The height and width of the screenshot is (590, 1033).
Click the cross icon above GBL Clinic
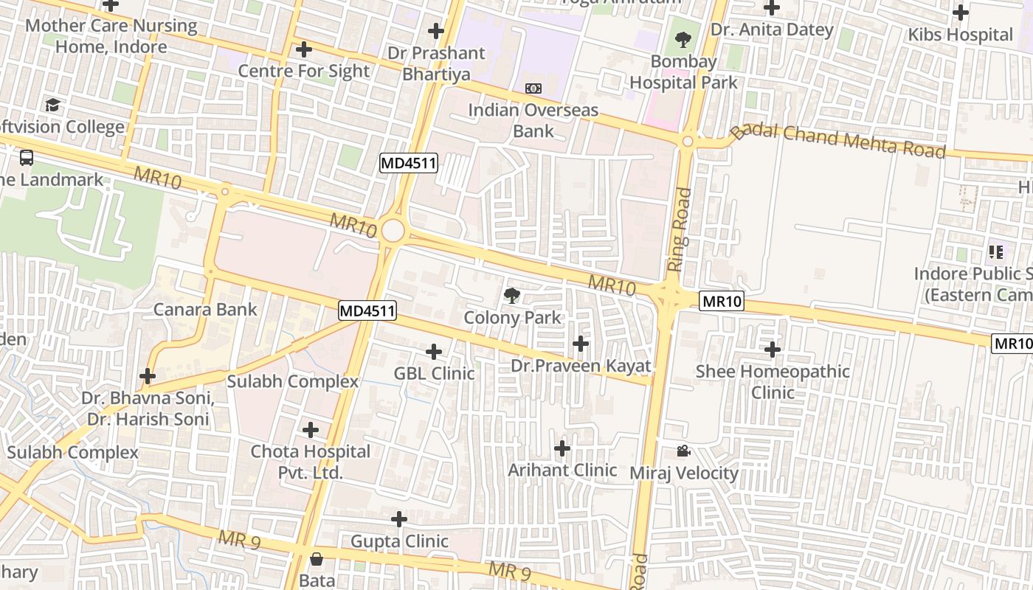[x=434, y=351]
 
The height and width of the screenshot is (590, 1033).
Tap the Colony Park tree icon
[x=511, y=296]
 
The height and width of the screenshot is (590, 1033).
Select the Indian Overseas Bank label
[x=533, y=121]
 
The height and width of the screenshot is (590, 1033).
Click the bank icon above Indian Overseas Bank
[x=533, y=88]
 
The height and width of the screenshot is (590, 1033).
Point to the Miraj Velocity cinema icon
[x=683, y=451]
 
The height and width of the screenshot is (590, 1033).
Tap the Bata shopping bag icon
[x=317, y=559]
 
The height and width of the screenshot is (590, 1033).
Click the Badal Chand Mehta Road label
[x=838, y=142]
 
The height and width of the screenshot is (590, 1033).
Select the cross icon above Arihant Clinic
[x=562, y=448]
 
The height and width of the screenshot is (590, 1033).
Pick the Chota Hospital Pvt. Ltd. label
[x=310, y=462]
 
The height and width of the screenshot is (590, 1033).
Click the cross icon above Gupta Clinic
[x=399, y=519]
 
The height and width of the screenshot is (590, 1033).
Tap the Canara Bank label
[x=205, y=309]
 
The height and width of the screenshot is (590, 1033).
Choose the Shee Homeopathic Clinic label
[x=773, y=381]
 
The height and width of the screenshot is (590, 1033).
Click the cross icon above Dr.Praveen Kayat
[x=581, y=343]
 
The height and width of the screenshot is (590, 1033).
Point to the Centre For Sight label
[x=303, y=71]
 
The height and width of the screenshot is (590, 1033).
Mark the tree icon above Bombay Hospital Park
[x=683, y=39]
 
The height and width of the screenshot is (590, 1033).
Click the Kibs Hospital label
[x=960, y=35]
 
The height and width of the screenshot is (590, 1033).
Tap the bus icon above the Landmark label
[x=27, y=157]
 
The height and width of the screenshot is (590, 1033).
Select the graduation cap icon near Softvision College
[x=52, y=105]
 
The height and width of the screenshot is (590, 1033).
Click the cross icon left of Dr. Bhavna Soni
[x=148, y=376]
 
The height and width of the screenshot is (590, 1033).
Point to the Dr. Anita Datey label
[x=772, y=30]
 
